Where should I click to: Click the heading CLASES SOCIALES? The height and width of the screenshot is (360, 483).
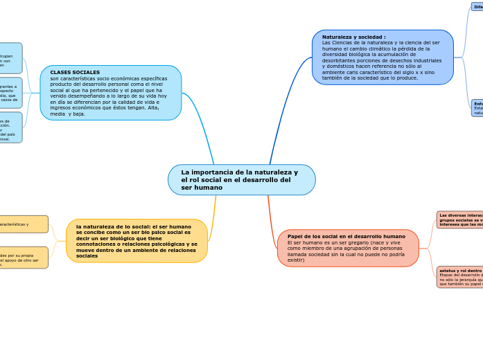click(75, 72)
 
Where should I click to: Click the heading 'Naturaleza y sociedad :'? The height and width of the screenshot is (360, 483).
click(353, 37)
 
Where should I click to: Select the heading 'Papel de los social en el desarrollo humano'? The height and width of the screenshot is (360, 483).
click(346, 236)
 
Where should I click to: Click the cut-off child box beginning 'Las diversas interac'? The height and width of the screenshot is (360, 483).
click(459, 219)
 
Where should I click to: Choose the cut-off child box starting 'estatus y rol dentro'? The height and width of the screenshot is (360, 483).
click(459, 276)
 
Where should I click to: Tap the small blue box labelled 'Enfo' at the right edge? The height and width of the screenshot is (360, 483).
click(477, 107)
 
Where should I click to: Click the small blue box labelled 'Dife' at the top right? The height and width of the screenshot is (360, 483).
click(477, 6)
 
